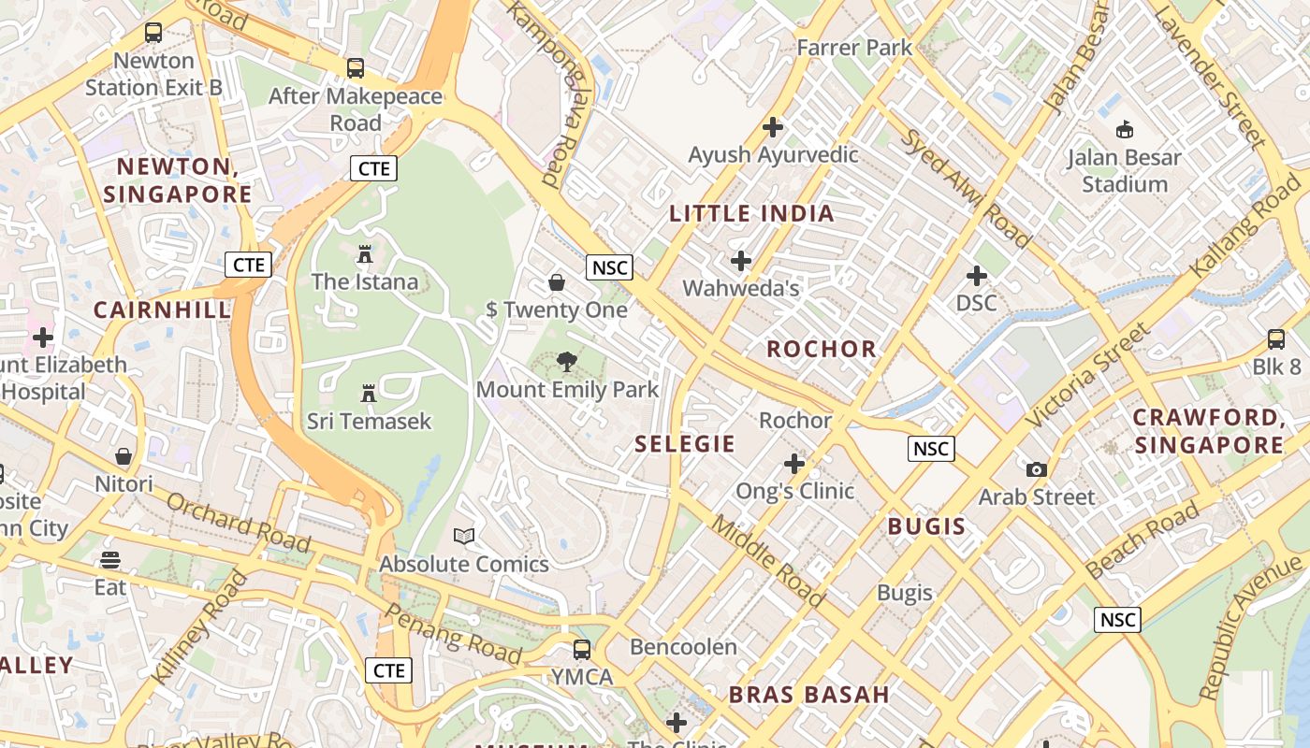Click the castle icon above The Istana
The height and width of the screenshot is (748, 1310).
[x=365, y=253]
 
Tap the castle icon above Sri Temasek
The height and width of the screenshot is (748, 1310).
[x=369, y=394]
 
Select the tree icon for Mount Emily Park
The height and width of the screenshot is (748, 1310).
[x=566, y=362]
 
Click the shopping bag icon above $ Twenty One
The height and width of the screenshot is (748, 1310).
[x=557, y=281]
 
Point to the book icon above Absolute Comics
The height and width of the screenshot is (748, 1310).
[x=464, y=536]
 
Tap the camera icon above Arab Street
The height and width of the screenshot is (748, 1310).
[x=1036, y=469]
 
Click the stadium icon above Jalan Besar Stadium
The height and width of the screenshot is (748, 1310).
[x=1125, y=129]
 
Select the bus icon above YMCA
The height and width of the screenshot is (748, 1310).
[x=582, y=649]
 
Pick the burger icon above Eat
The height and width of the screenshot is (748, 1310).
[x=110, y=560]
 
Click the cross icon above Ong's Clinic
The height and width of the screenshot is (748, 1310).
[x=794, y=463]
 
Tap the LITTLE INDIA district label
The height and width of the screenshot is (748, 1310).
[x=751, y=213]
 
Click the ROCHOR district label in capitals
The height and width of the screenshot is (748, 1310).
[x=822, y=349]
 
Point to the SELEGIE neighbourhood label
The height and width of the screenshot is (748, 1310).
[x=685, y=444]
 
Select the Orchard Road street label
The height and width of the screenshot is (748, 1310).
[x=238, y=522]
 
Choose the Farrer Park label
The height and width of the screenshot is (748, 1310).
[x=853, y=47]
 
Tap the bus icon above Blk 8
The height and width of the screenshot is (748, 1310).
[x=1276, y=339]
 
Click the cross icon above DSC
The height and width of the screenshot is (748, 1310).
[x=976, y=276]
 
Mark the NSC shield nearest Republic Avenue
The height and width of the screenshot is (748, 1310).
[x=1117, y=619]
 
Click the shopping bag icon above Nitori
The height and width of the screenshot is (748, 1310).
[x=124, y=456]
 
